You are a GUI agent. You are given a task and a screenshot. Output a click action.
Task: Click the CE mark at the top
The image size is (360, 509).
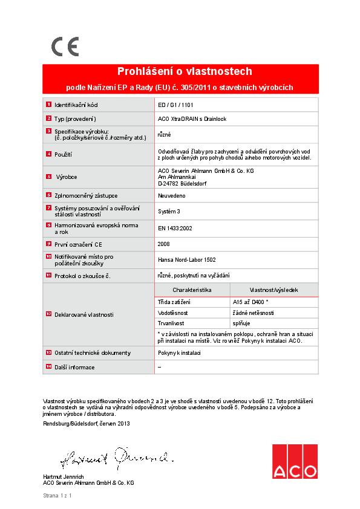[x=65, y=47]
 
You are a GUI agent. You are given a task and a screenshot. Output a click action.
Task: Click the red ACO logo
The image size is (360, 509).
[x=294, y=462]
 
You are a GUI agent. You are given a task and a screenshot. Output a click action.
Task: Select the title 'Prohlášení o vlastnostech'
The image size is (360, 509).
[x=180, y=71]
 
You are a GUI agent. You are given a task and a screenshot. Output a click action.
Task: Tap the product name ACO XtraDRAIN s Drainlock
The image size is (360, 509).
[x=192, y=119]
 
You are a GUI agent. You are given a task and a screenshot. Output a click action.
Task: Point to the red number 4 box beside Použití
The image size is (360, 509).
[x=48, y=154]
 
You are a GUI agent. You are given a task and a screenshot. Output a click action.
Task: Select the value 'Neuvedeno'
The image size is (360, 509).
[x=171, y=196]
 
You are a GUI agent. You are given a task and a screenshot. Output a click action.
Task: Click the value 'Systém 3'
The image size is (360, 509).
[x=169, y=212]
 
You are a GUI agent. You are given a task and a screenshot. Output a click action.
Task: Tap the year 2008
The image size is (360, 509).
[x=164, y=244]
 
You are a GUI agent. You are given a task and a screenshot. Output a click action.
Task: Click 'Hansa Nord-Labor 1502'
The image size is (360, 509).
[x=186, y=260]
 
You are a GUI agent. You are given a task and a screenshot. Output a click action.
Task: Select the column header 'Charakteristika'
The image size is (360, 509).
[x=192, y=290]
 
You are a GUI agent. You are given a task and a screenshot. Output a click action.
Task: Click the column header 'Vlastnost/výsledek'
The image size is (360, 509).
[x=273, y=290]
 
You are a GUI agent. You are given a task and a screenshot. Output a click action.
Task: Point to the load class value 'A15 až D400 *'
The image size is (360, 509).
[x=250, y=302]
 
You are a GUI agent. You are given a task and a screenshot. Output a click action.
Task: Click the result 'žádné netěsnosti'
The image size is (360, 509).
[x=254, y=313]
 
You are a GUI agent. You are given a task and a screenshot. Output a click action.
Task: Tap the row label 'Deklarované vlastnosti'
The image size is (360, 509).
[x=84, y=315]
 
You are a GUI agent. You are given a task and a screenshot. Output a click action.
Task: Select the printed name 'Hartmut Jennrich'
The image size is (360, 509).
[x=64, y=477]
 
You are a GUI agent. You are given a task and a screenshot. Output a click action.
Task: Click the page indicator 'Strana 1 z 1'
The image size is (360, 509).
[x=57, y=496]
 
